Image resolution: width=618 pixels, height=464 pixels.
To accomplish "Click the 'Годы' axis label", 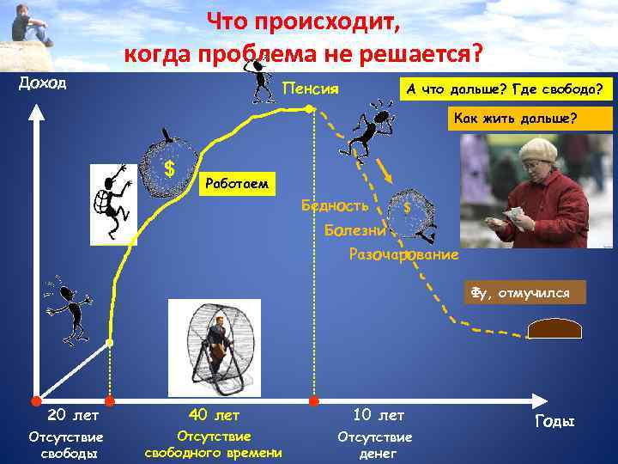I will pos(554,421).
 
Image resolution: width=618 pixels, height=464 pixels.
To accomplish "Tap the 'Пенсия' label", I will pos(311,89).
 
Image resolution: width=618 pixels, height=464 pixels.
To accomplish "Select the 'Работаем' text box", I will pos(238,183).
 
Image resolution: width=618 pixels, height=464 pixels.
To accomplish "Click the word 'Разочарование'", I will pos(403,255).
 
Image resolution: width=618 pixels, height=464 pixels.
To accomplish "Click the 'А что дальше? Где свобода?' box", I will pos(505,89).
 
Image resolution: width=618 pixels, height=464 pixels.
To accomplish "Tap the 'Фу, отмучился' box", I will pos(524,293).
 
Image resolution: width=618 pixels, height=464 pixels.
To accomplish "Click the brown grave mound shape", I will pos(555,329).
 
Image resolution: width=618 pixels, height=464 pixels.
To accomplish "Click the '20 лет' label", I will pos(69,415).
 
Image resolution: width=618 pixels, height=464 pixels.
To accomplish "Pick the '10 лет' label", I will pos(378,415).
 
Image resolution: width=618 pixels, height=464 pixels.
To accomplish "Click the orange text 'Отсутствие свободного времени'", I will pos(214,444).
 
